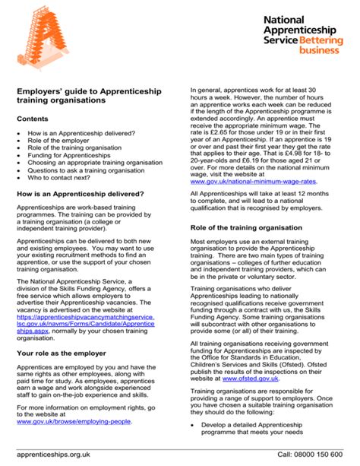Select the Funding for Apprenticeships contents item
(x=74, y=154)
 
